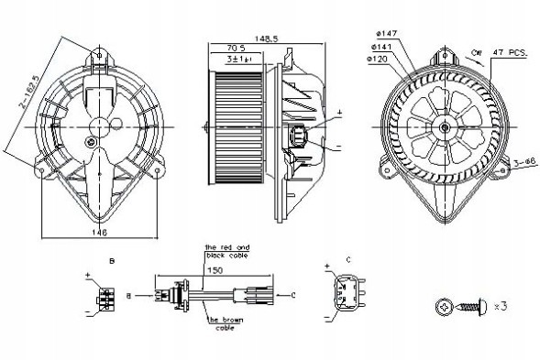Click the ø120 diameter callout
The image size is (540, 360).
click(378, 59)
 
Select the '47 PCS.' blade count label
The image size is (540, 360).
click(511, 55)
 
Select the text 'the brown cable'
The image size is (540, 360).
click(226, 324)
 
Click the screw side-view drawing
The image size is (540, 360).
click(479, 305)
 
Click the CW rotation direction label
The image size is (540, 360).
click(476, 54)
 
